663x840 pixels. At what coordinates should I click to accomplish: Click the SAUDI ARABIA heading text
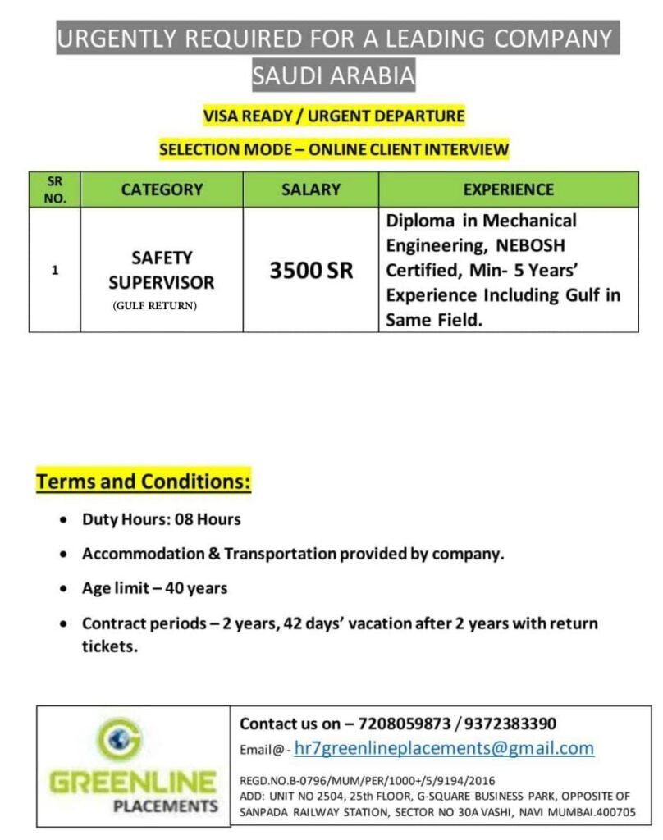pyautogui.click(x=334, y=76)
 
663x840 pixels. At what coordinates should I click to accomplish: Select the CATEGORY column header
pyautogui.click(x=162, y=189)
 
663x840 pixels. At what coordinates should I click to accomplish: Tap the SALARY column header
pyautogui.click(x=310, y=189)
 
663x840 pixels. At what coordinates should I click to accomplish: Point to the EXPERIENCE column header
pyautogui.click(x=508, y=189)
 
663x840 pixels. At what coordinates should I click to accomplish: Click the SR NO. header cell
pyautogui.click(x=54, y=189)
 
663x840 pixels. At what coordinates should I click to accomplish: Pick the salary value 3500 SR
pyautogui.click(x=311, y=271)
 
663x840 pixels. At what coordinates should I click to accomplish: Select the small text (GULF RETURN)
pyautogui.click(x=155, y=306)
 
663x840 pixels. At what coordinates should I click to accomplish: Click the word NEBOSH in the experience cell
pyautogui.click(x=536, y=245)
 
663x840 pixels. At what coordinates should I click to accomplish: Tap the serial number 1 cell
pyautogui.click(x=54, y=269)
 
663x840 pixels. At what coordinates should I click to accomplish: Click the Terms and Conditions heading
pyautogui.click(x=143, y=482)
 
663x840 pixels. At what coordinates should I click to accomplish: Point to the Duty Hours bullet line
pyautogui.click(x=161, y=519)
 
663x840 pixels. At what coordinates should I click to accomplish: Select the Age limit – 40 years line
pyautogui.click(x=154, y=588)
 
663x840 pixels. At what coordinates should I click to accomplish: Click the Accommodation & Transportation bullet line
pyautogui.click(x=292, y=554)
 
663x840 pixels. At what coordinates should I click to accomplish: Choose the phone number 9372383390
pyautogui.click(x=510, y=724)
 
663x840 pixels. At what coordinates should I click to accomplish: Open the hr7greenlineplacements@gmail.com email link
pyautogui.click(x=443, y=748)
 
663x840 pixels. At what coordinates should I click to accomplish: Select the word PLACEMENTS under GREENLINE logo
pyautogui.click(x=166, y=806)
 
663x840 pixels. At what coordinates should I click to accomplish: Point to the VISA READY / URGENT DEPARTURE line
pyautogui.click(x=333, y=116)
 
